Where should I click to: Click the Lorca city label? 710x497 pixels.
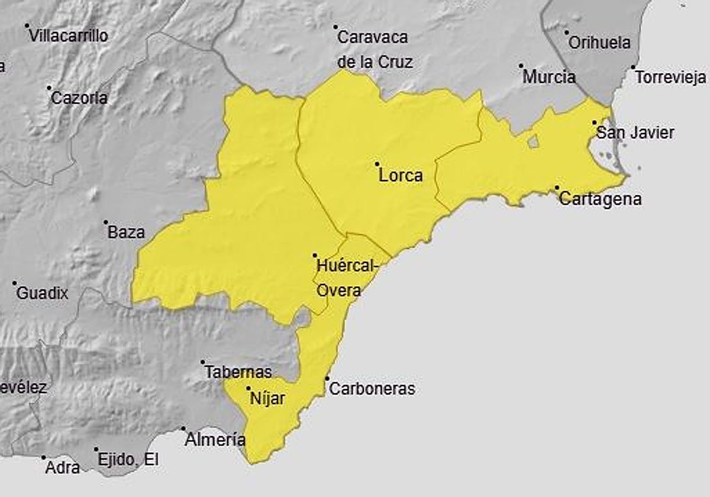pos(401,176)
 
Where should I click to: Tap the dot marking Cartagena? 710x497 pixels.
pos(557,188)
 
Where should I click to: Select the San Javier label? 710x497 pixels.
pos(635,133)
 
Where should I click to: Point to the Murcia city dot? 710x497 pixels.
pos(521,66)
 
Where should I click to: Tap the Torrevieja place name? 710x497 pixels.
pos(670,78)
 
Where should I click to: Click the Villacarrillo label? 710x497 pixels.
pos(69,36)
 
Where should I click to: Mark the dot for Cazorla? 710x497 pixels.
pos(50,88)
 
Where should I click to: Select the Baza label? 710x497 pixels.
pos(126,233)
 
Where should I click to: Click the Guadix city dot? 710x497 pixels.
pos(15,283)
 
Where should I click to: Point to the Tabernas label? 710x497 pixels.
pos(238,372)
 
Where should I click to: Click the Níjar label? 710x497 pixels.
pos(267,399)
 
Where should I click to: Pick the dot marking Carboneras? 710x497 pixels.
pos(327,379)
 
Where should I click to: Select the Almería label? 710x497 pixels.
pos(215,440)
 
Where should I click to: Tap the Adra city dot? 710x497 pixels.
pos(43,457)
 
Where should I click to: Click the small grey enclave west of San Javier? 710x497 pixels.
pos(533,141)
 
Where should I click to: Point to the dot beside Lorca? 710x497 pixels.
pos(377,164)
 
